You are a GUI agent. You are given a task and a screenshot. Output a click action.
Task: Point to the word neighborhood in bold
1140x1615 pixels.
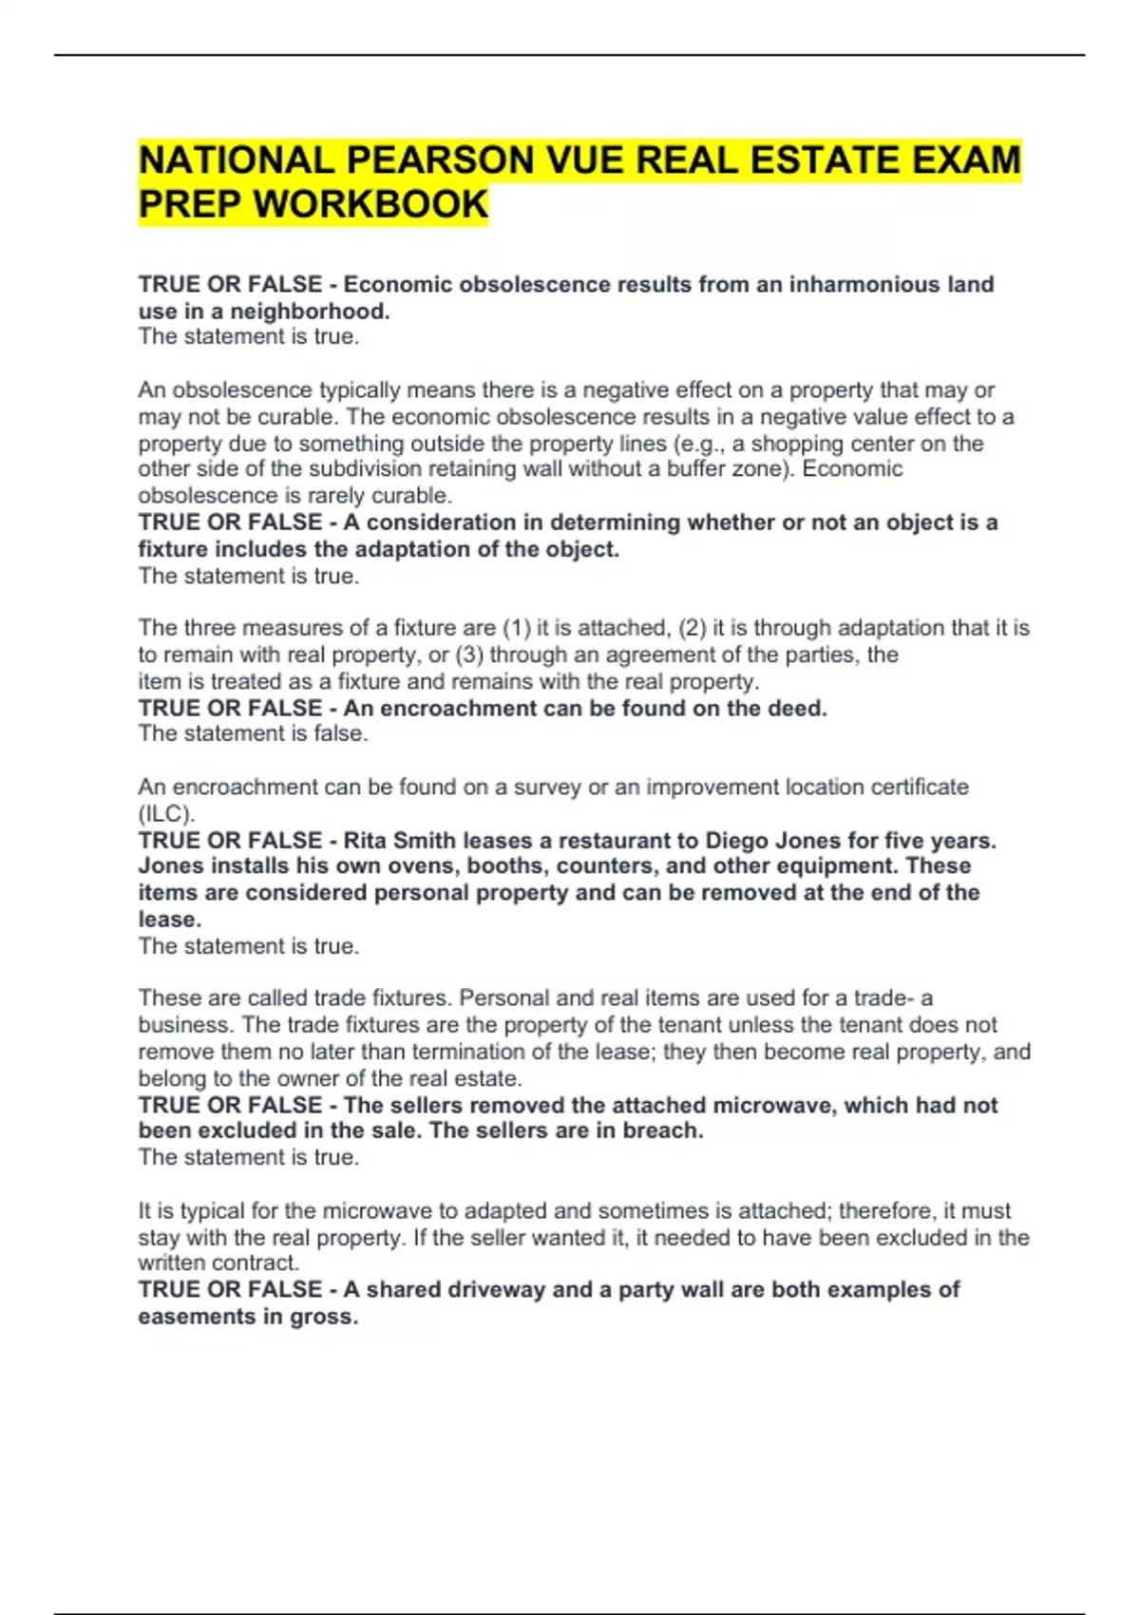pyautogui.click(x=310, y=311)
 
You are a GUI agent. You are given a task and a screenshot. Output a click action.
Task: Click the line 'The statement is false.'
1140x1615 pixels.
pyautogui.click(x=253, y=733)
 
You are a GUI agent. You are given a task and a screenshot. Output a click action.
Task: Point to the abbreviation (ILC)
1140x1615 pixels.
pyautogui.click(x=166, y=813)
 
